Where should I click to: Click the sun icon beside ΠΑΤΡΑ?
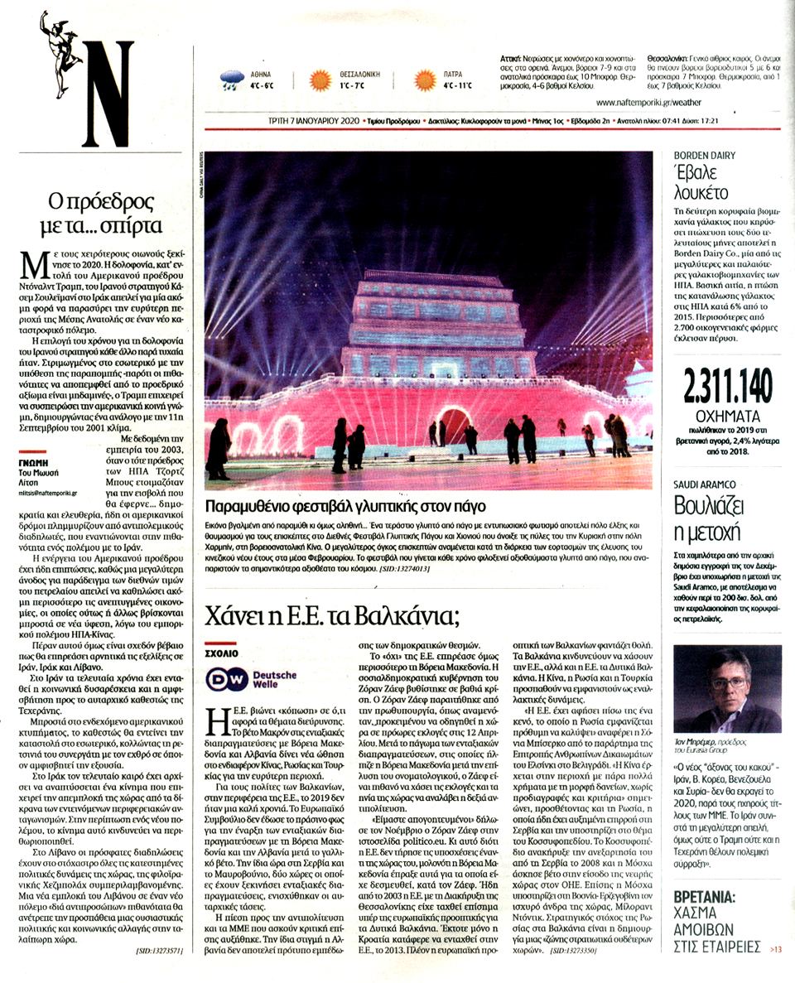coord(426,80)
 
